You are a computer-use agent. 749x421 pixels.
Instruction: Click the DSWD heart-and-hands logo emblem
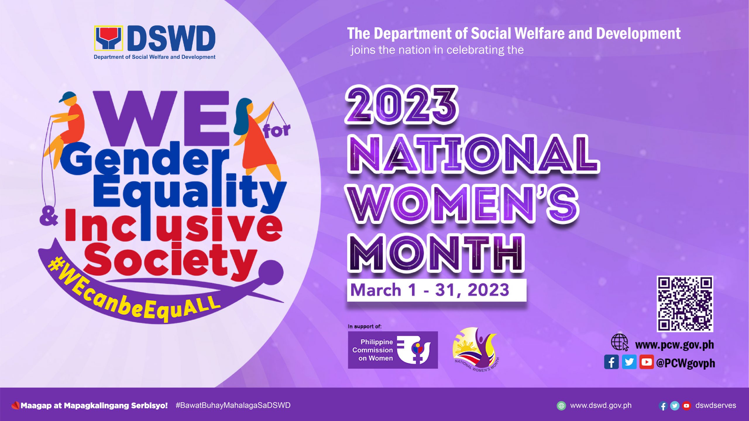[x=108, y=38]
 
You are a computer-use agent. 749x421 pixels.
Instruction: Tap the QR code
[x=685, y=304]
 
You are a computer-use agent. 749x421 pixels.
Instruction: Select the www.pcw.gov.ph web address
[x=674, y=345]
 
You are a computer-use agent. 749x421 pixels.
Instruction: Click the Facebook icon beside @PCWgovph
[x=611, y=362]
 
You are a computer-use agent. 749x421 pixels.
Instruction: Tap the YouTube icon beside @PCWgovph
[x=647, y=362]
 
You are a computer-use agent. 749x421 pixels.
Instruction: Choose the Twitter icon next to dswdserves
[x=675, y=406]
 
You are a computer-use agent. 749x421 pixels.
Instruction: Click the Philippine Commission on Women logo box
[x=393, y=350]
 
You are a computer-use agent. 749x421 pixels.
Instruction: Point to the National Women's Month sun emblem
[x=475, y=349]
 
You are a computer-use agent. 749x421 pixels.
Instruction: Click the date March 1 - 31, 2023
[x=430, y=290]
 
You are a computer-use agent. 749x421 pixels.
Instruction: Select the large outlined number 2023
[x=401, y=105]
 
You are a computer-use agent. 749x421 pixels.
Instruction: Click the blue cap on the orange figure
[x=68, y=96]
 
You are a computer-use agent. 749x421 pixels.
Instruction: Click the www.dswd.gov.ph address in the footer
[x=601, y=406]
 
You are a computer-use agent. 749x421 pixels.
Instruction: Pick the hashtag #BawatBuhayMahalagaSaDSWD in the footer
[x=233, y=405]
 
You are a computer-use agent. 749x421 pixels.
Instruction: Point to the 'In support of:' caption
[x=365, y=326]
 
